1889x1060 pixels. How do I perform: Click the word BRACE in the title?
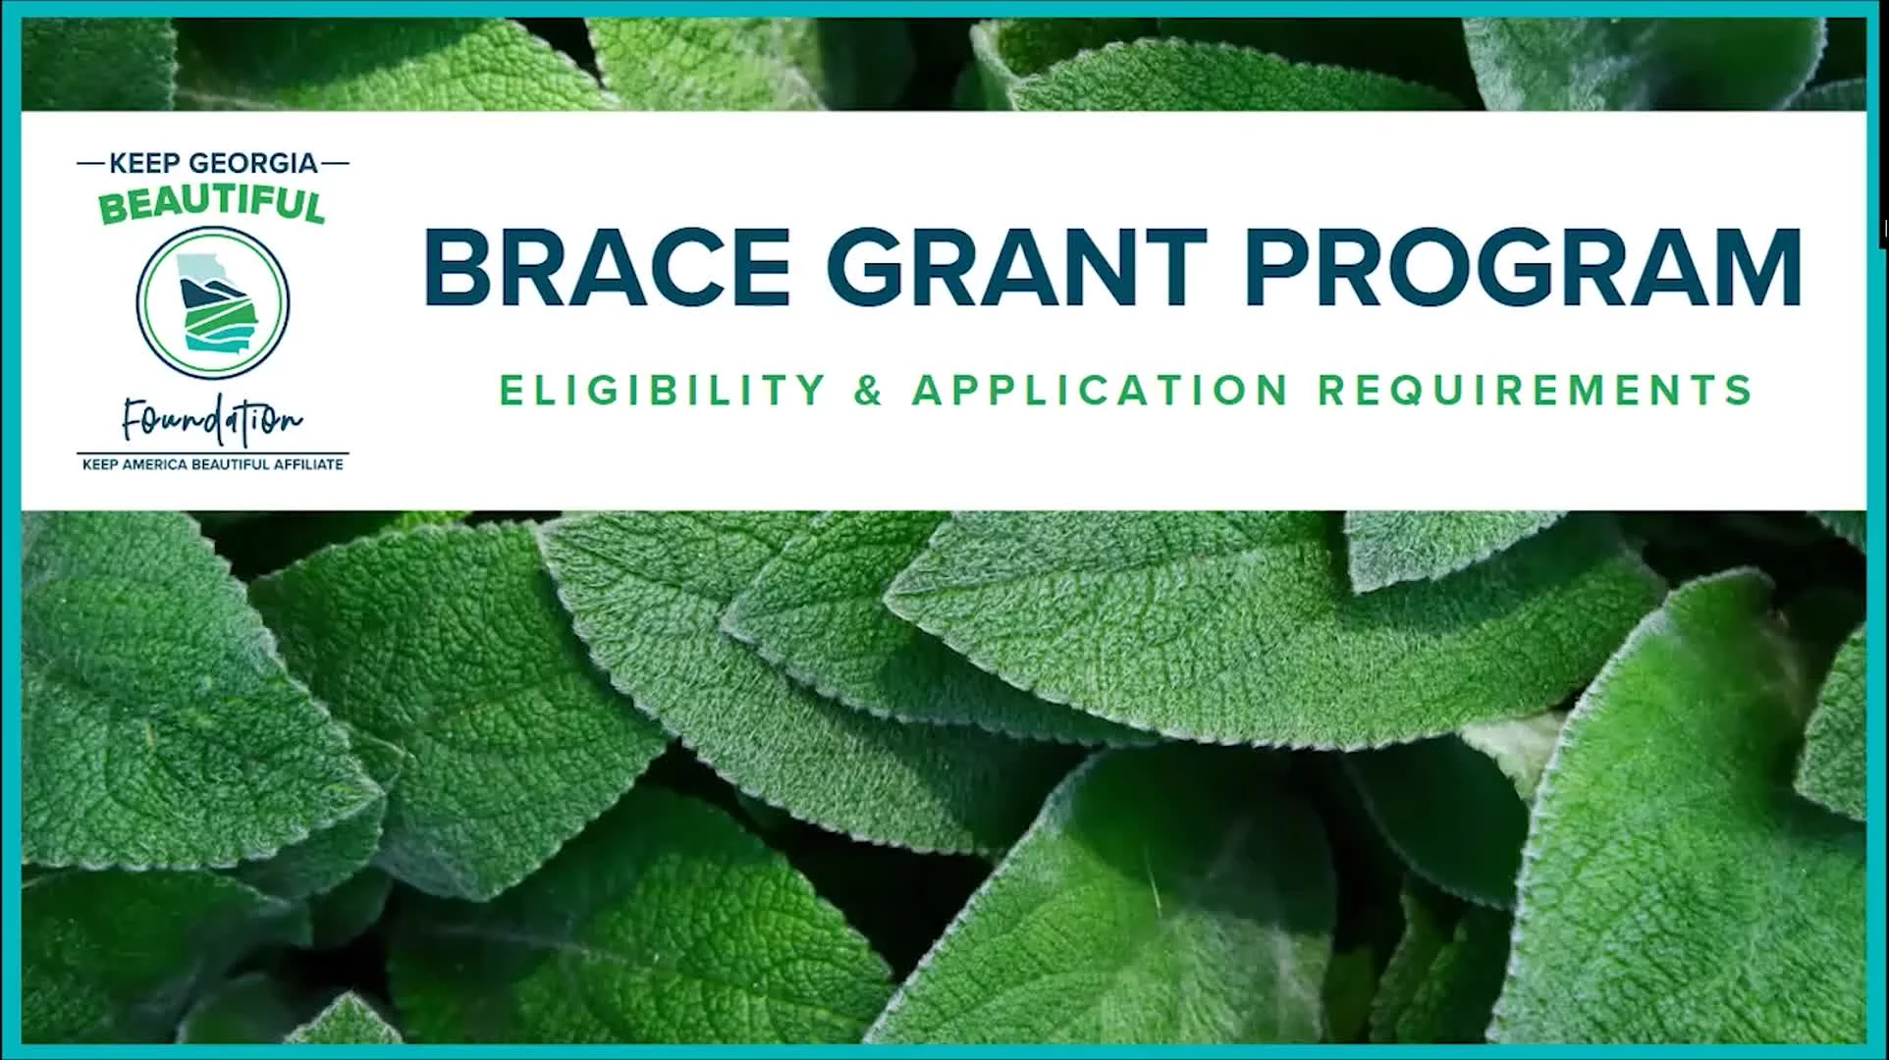tap(607, 267)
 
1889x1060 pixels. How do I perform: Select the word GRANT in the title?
tap(1017, 267)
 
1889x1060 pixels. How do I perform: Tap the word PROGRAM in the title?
tap(1523, 267)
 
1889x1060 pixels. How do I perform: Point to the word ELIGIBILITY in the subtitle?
tap(663, 390)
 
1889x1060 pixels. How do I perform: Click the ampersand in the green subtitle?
tap(869, 390)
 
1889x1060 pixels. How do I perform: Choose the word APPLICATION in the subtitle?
tap(1101, 390)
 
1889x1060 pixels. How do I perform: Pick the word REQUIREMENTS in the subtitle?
tap(1535, 390)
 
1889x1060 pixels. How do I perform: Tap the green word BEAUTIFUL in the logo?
tap(212, 205)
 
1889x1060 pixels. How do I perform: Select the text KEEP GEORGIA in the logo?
tap(213, 163)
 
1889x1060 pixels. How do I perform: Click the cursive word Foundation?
tap(212, 420)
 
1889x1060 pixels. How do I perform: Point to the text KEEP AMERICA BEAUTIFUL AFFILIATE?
tap(213, 464)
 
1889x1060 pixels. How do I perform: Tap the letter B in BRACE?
tap(456, 267)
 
